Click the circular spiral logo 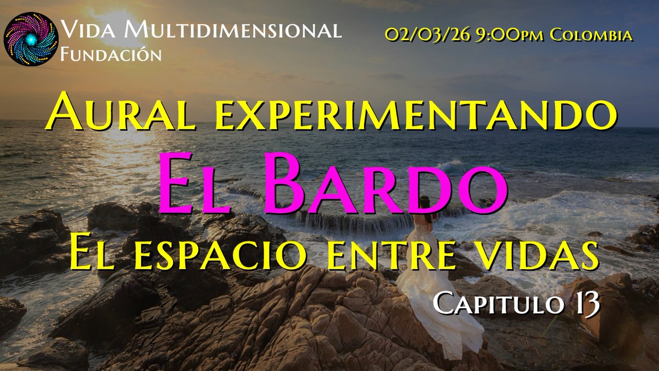[31, 39]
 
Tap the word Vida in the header [87, 31]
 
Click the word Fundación [111, 55]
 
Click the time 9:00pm [503, 36]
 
